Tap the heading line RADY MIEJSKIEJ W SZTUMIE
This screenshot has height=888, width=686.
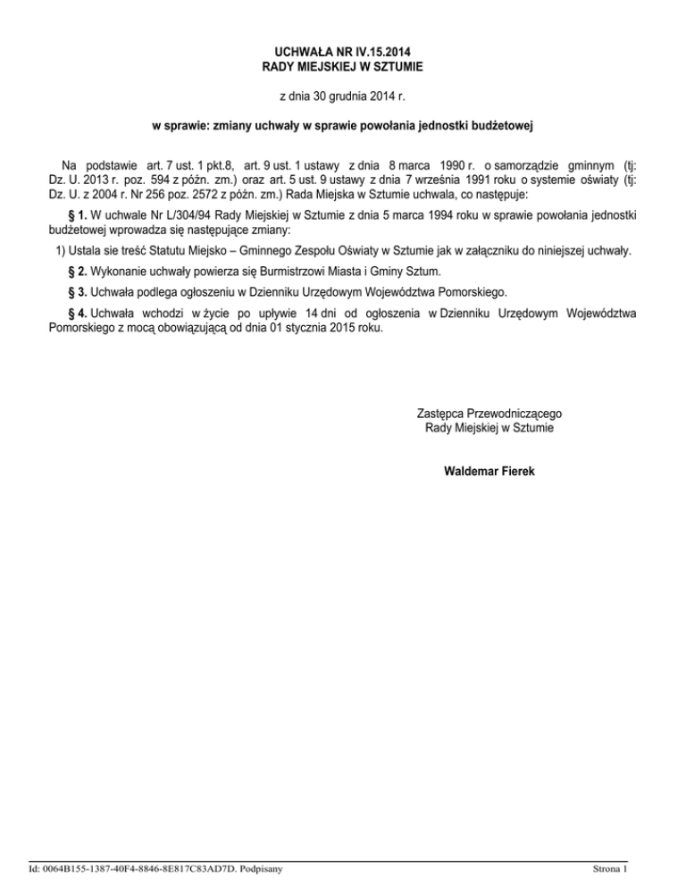[x=342, y=66]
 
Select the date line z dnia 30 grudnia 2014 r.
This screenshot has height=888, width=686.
[x=342, y=95]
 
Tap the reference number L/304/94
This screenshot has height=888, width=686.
[x=184, y=216]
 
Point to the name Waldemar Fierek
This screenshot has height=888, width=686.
[x=489, y=470]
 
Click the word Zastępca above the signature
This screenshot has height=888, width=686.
[x=443, y=414]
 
